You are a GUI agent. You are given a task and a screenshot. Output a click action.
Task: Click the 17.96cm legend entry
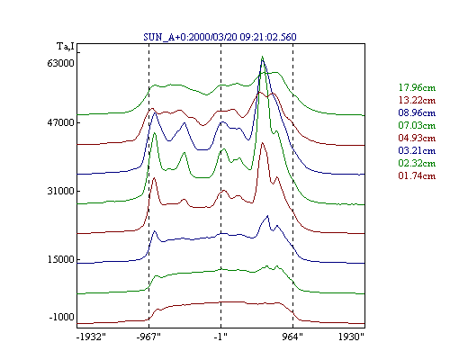pyautogui.click(x=417, y=87)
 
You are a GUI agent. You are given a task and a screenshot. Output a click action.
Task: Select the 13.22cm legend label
pyautogui.click(x=417, y=100)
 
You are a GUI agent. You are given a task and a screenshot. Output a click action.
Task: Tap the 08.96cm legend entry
pyautogui.click(x=417, y=112)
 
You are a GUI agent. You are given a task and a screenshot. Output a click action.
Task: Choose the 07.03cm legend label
pyautogui.click(x=417, y=125)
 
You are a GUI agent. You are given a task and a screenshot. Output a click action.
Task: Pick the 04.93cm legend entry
pyautogui.click(x=417, y=138)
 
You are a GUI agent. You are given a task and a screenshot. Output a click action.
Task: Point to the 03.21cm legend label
pyautogui.click(x=417, y=150)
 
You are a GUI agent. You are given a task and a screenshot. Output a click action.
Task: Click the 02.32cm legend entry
pyautogui.click(x=417, y=163)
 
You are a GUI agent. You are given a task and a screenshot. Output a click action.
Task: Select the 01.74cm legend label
pyautogui.click(x=417, y=175)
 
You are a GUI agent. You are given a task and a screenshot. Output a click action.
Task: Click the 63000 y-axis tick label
pyautogui.click(x=61, y=63)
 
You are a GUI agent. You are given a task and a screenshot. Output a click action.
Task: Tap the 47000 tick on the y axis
pyautogui.click(x=61, y=122)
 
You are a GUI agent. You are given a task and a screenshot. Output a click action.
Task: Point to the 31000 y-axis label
pyautogui.click(x=61, y=191)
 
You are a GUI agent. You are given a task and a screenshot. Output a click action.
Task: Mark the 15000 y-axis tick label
pyautogui.click(x=61, y=259)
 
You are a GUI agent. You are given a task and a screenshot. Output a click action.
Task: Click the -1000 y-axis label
pyautogui.click(x=62, y=317)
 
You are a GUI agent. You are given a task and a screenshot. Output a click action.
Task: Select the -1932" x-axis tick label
pyautogui.click(x=91, y=337)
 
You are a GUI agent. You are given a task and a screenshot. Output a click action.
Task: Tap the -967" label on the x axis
pyautogui.click(x=148, y=337)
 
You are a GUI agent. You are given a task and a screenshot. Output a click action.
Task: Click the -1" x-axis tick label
pyautogui.click(x=220, y=337)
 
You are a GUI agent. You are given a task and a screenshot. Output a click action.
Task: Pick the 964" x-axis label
pyautogui.click(x=292, y=337)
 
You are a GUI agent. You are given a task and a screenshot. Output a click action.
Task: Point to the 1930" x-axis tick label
pyautogui.click(x=351, y=337)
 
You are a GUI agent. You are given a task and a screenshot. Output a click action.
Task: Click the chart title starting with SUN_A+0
pyautogui.click(x=220, y=37)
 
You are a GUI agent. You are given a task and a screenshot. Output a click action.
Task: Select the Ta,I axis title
pyautogui.click(x=66, y=47)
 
